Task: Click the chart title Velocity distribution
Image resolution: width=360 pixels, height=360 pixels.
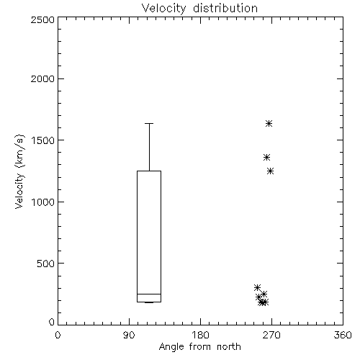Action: click(x=199, y=9)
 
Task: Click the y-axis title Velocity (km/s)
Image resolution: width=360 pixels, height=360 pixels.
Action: click(x=19, y=171)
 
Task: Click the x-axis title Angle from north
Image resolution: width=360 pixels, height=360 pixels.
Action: click(x=199, y=347)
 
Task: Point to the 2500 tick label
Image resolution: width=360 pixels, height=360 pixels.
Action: click(x=42, y=19)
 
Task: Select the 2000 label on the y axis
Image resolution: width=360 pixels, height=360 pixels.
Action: click(x=42, y=78)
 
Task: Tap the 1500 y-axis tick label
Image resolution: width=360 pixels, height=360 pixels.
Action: click(x=43, y=140)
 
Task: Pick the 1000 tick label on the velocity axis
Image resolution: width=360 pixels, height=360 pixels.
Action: click(x=43, y=202)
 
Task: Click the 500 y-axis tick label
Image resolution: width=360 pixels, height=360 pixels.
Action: click(x=46, y=264)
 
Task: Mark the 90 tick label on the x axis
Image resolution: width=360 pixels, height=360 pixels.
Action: click(x=129, y=335)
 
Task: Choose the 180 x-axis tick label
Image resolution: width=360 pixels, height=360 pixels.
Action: click(x=200, y=335)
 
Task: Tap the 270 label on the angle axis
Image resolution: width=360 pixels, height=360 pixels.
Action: click(x=271, y=335)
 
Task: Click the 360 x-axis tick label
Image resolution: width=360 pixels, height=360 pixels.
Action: click(x=343, y=335)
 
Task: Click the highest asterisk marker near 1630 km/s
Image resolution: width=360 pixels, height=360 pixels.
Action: click(x=269, y=124)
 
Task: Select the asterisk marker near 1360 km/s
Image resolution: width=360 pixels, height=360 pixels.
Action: click(x=266, y=158)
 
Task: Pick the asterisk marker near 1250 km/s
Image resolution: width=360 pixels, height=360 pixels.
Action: click(x=271, y=171)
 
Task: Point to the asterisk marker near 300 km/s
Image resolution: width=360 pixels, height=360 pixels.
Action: click(x=257, y=287)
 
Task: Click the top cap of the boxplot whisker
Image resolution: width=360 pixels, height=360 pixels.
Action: click(x=149, y=123)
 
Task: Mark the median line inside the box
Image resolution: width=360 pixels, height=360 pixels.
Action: click(x=149, y=294)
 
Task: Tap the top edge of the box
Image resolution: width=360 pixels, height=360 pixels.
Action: click(x=149, y=171)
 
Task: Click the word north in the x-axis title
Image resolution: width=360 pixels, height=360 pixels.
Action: click(x=229, y=347)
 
